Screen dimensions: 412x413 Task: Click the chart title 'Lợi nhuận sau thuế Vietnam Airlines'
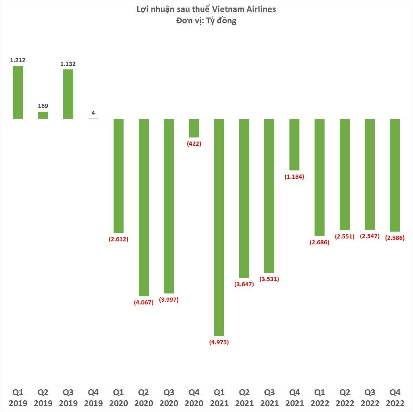pyautogui.click(x=206, y=9)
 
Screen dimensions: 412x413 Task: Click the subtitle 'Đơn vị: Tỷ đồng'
pyautogui.click(x=206, y=21)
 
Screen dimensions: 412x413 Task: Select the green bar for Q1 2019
pyautogui.click(x=18, y=92)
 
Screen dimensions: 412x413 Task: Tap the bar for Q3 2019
pyautogui.click(x=68, y=94)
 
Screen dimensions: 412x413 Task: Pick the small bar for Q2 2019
pyautogui.click(x=43, y=115)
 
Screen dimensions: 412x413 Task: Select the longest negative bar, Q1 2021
pyautogui.click(x=219, y=227)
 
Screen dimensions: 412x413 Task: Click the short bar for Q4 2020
pyautogui.click(x=194, y=128)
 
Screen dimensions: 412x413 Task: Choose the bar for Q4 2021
pyautogui.click(x=294, y=145)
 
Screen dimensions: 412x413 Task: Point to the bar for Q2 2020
pyautogui.click(x=144, y=208)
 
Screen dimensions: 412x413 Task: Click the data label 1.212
pyautogui.click(x=18, y=60)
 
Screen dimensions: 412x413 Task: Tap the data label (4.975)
pyautogui.click(x=219, y=342)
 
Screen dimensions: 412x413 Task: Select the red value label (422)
pyautogui.click(x=194, y=144)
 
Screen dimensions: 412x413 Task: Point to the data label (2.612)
pyautogui.click(x=118, y=239)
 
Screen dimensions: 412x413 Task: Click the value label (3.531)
pyautogui.click(x=269, y=279)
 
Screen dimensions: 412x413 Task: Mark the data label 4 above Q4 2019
pyautogui.click(x=93, y=113)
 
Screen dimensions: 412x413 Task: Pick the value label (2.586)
pyautogui.click(x=395, y=238)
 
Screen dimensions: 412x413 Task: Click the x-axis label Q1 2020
pyautogui.click(x=118, y=398)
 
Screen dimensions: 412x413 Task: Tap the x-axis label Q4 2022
pyautogui.click(x=395, y=398)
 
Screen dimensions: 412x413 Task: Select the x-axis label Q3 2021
pyautogui.click(x=269, y=398)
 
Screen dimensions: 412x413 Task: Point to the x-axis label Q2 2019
pyautogui.click(x=43, y=398)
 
